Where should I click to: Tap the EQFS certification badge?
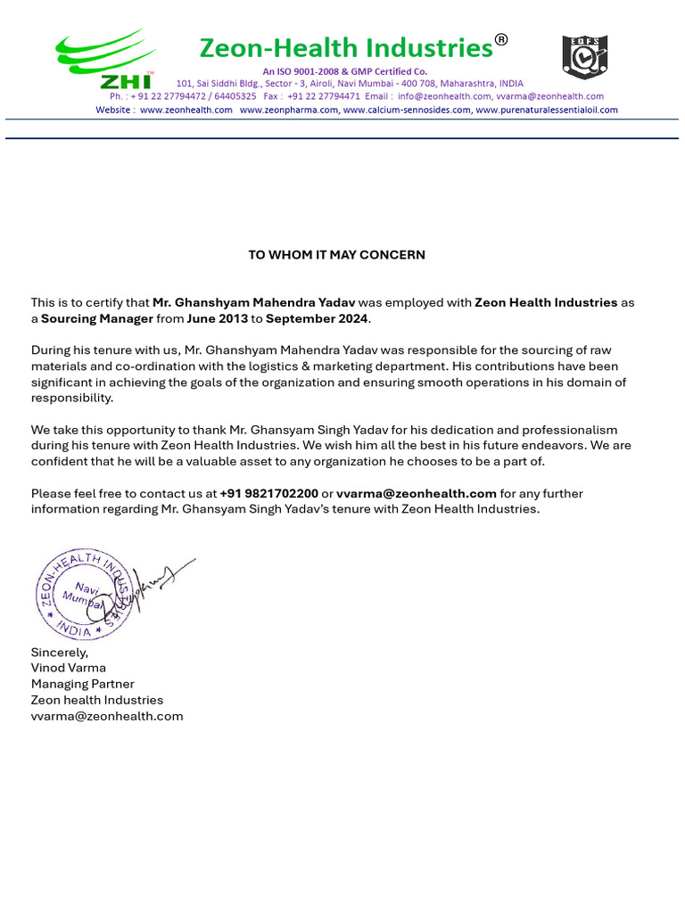pos(584,57)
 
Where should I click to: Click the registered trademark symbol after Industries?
pos(501,39)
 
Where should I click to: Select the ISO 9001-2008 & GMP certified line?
pos(344,71)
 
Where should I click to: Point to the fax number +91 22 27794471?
pos(323,96)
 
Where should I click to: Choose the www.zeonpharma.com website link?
pos(289,110)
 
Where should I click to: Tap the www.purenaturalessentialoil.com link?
pos(546,110)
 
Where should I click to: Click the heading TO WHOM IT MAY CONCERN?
pos(336,255)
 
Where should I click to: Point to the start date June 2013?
pos(217,318)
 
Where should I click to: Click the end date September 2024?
pos(317,318)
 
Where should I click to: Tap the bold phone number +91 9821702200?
pos(268,493)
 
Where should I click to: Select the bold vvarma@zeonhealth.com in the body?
pos(416,493)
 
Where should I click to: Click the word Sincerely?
pos(59,652)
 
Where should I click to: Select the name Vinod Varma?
pos(69,668)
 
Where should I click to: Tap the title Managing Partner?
pos(83,684)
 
